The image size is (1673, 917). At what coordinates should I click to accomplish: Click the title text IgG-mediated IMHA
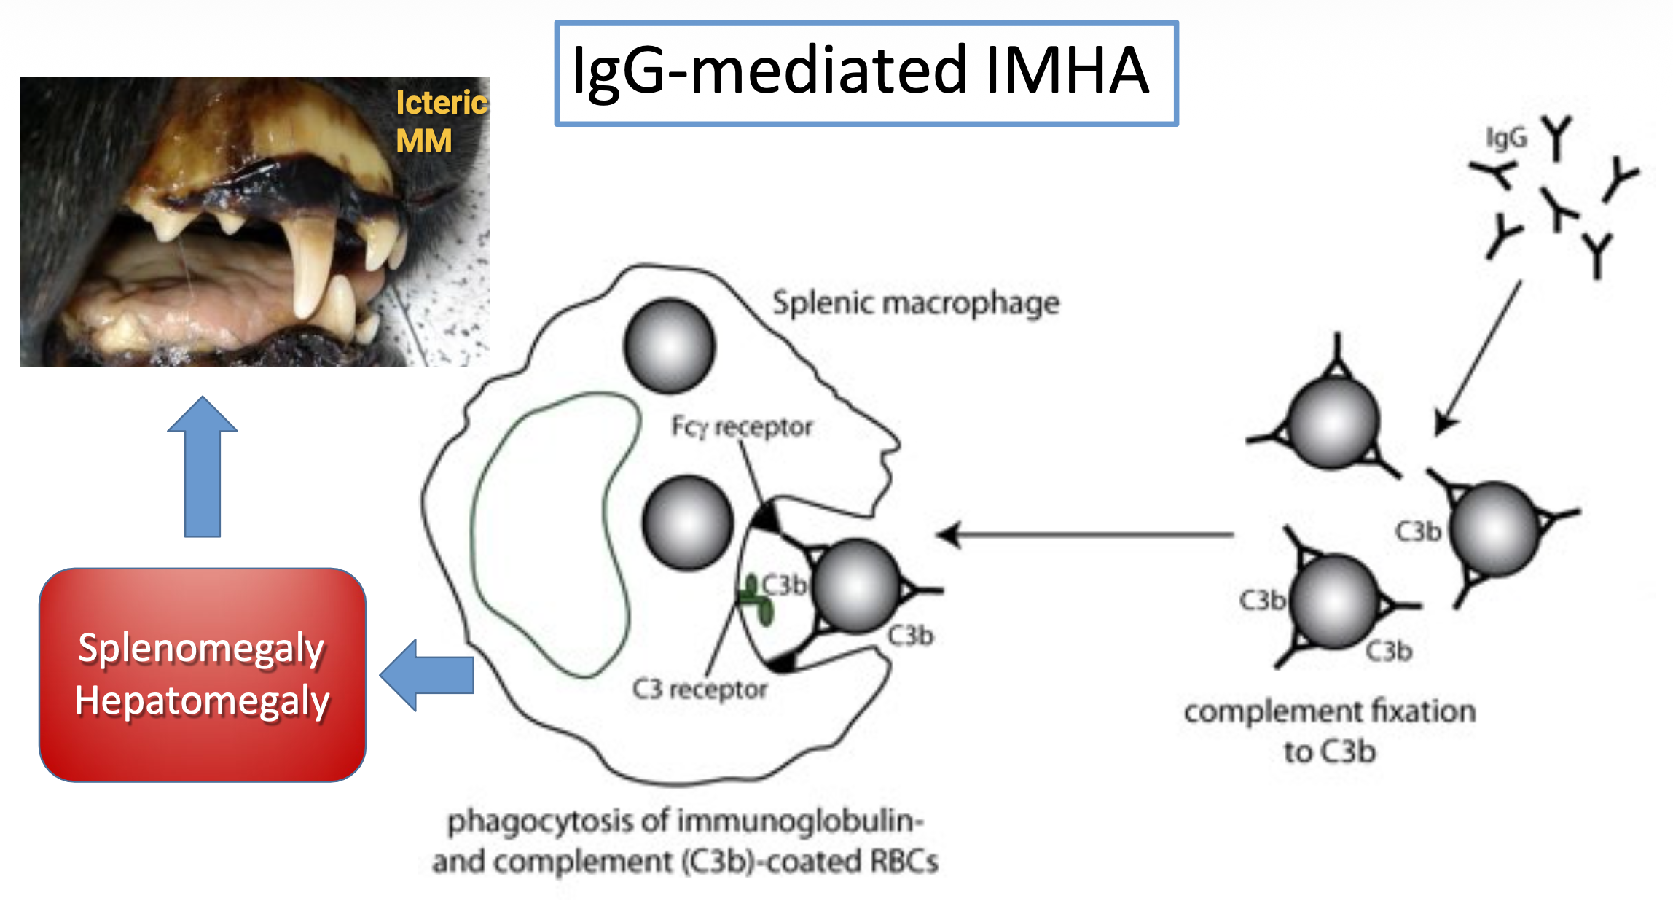point(860,71)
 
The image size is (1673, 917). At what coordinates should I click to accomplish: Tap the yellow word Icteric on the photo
point(441,103)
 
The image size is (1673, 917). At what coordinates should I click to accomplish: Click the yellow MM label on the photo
point(423,141)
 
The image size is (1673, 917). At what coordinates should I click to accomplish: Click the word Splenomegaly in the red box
point(201,648)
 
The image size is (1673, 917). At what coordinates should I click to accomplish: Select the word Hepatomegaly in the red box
point(203,701)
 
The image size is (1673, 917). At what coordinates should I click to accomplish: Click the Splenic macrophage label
point(915,303)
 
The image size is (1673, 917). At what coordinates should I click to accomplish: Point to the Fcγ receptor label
point(741,427)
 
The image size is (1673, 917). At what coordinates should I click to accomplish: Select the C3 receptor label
point(700,689)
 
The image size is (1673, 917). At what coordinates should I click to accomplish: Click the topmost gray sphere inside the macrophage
point(670,346)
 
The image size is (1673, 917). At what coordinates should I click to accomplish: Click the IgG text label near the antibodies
point(1505,138)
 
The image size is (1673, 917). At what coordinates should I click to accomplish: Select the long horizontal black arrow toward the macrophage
point(1086,535)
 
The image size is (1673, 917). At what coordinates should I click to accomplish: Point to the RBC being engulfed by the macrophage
point(857,585)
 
